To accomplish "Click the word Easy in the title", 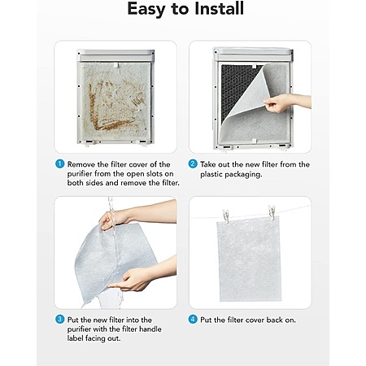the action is (x=146, y=10).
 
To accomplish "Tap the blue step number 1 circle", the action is (x=59, y=164).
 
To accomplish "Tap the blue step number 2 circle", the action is (x=193, y=164).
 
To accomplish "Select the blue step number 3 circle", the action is (x=59, y=320).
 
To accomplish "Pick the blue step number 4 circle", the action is (x=193, y=320).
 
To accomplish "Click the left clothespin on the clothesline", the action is (x=225, y=216).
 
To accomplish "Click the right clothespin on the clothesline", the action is (x=272, y=212).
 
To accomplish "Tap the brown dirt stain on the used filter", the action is (x=108, y=108).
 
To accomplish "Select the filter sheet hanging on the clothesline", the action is (x=248, y=259).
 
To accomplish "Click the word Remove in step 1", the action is (x=81, y=164).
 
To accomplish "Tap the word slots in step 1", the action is (x=155, y=174).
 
